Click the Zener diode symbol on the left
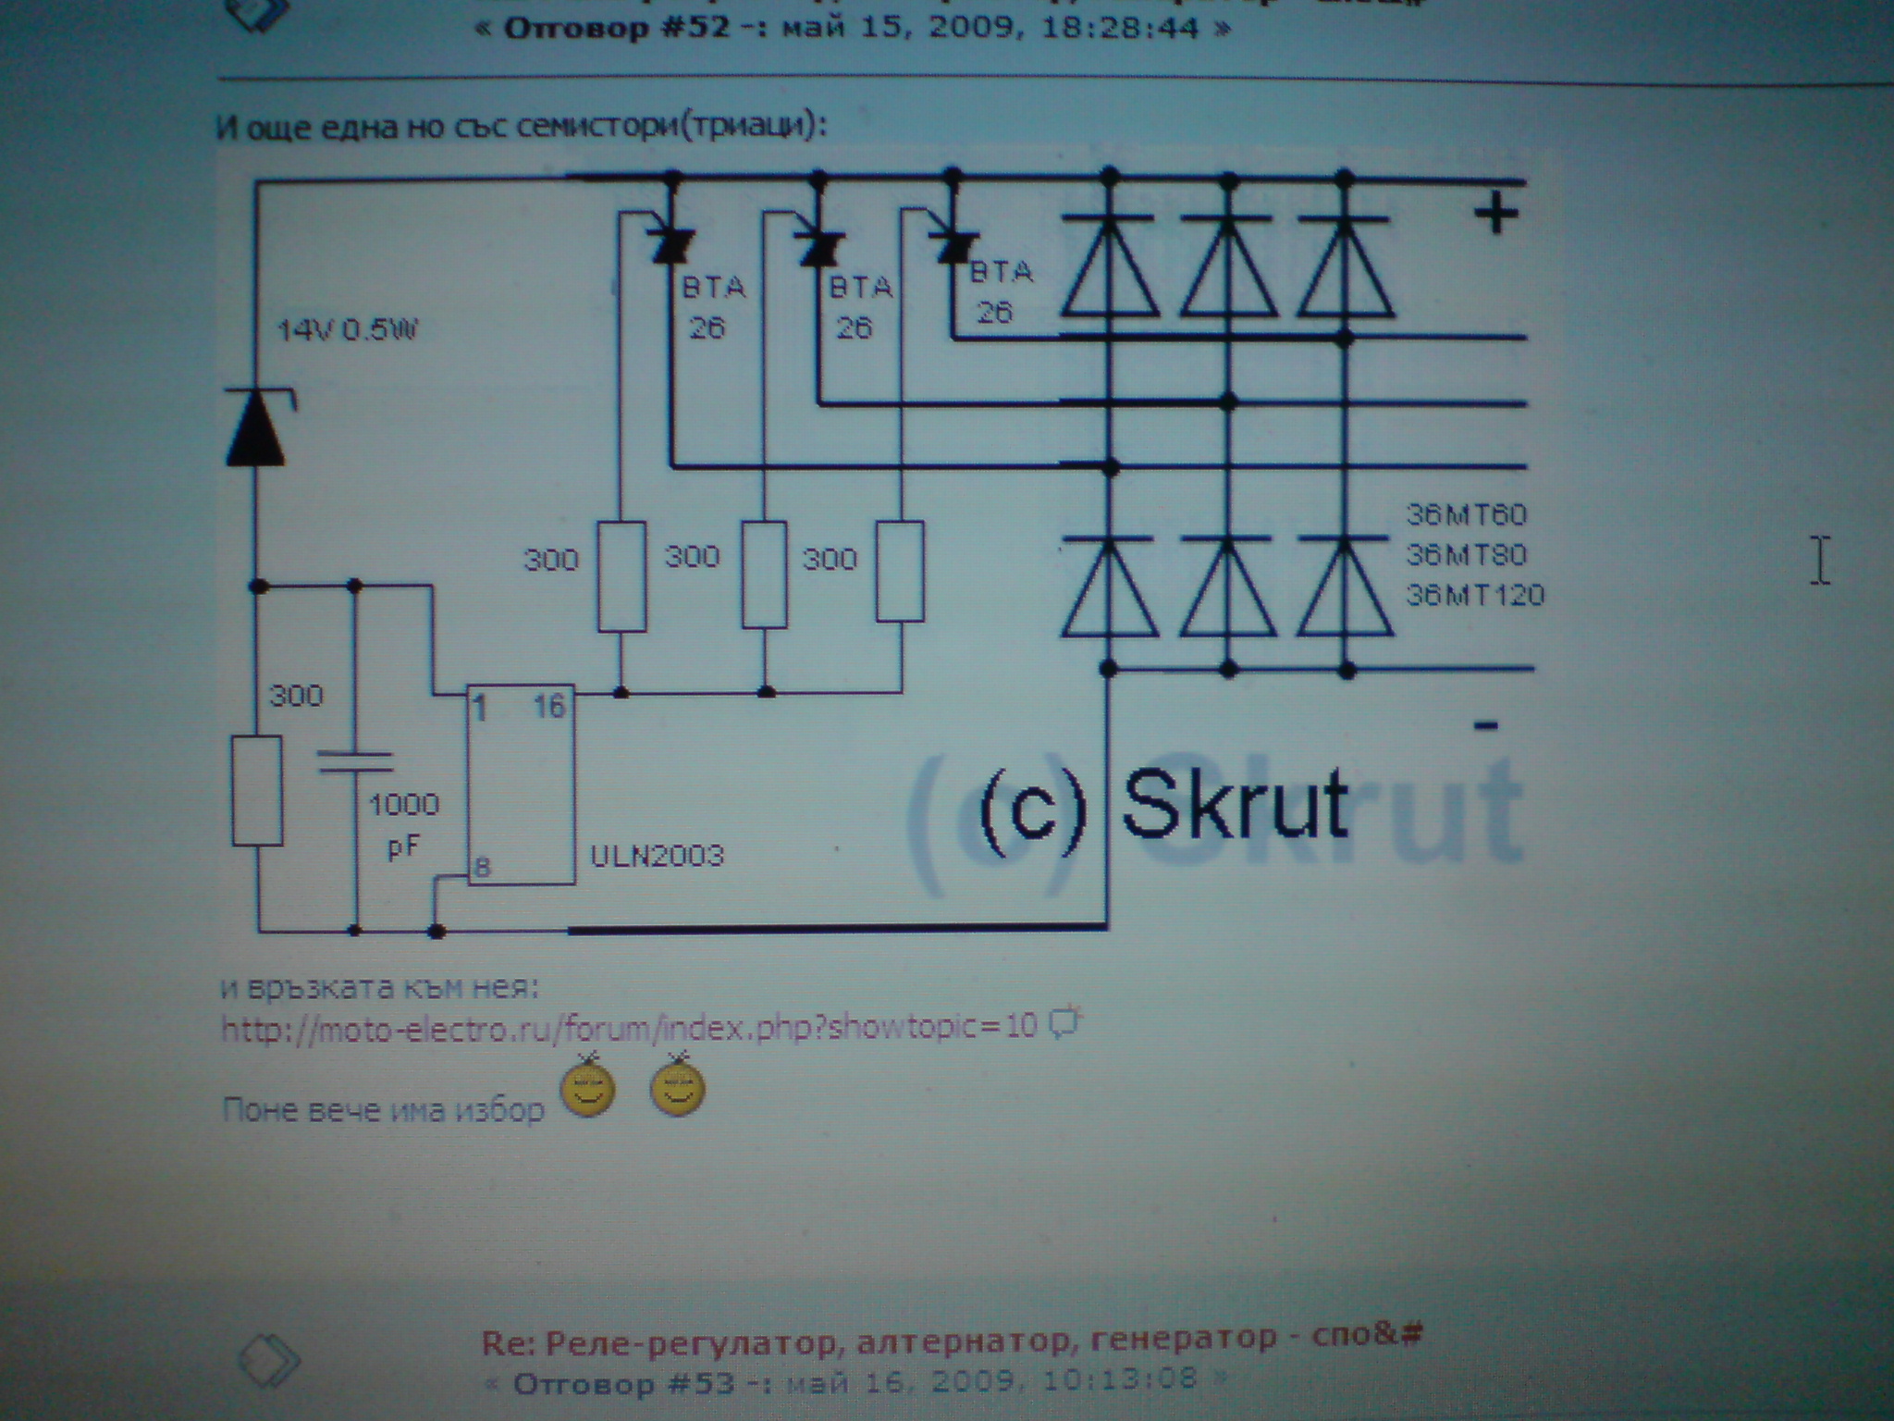point(257,427)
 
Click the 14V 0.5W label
point(349,329)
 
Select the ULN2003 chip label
point(657,855)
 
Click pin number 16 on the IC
point(549,708)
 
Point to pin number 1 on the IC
point(480,710)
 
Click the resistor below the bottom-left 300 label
point(257,791)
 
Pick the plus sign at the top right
point(1495,215)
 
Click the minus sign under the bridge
point(1485,725)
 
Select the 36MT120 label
point(1476,594)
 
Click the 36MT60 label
point(1467,514)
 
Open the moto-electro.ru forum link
point(629,1026)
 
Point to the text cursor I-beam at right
point(1819,560)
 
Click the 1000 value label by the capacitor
point(404,804)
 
